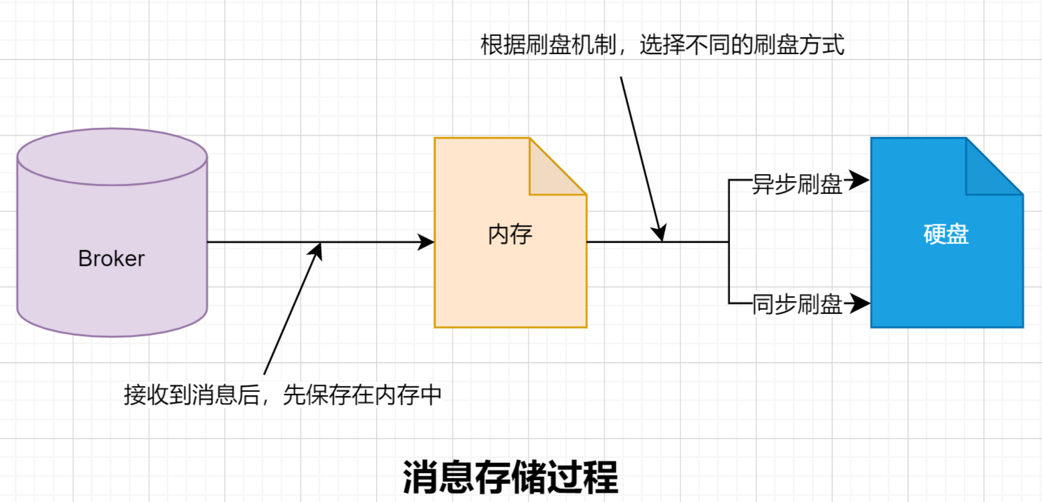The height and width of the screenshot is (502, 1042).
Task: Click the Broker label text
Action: click(112, 258)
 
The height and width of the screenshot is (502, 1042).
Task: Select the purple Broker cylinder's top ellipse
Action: click(112, 157)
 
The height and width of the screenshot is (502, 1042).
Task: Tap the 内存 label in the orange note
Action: click(510, 234)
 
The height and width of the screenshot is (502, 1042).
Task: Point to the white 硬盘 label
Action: click(946, 234)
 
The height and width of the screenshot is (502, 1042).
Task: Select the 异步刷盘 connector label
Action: click(797, 184)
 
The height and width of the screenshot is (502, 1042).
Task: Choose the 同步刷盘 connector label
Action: click(797, 304)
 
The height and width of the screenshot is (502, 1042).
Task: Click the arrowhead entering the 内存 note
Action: click(426, 242)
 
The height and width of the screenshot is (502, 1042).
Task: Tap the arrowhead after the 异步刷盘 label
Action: click(859, 180)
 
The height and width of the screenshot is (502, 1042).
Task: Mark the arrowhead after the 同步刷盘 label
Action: click(860, 303)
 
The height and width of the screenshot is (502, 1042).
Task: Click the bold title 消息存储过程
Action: click(510, 477)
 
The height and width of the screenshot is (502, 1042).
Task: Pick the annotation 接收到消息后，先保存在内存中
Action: click(282, 395)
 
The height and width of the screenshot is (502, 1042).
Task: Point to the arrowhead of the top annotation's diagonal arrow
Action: click(660, 233)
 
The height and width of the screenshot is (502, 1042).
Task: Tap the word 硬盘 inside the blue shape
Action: click(946, 234)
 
